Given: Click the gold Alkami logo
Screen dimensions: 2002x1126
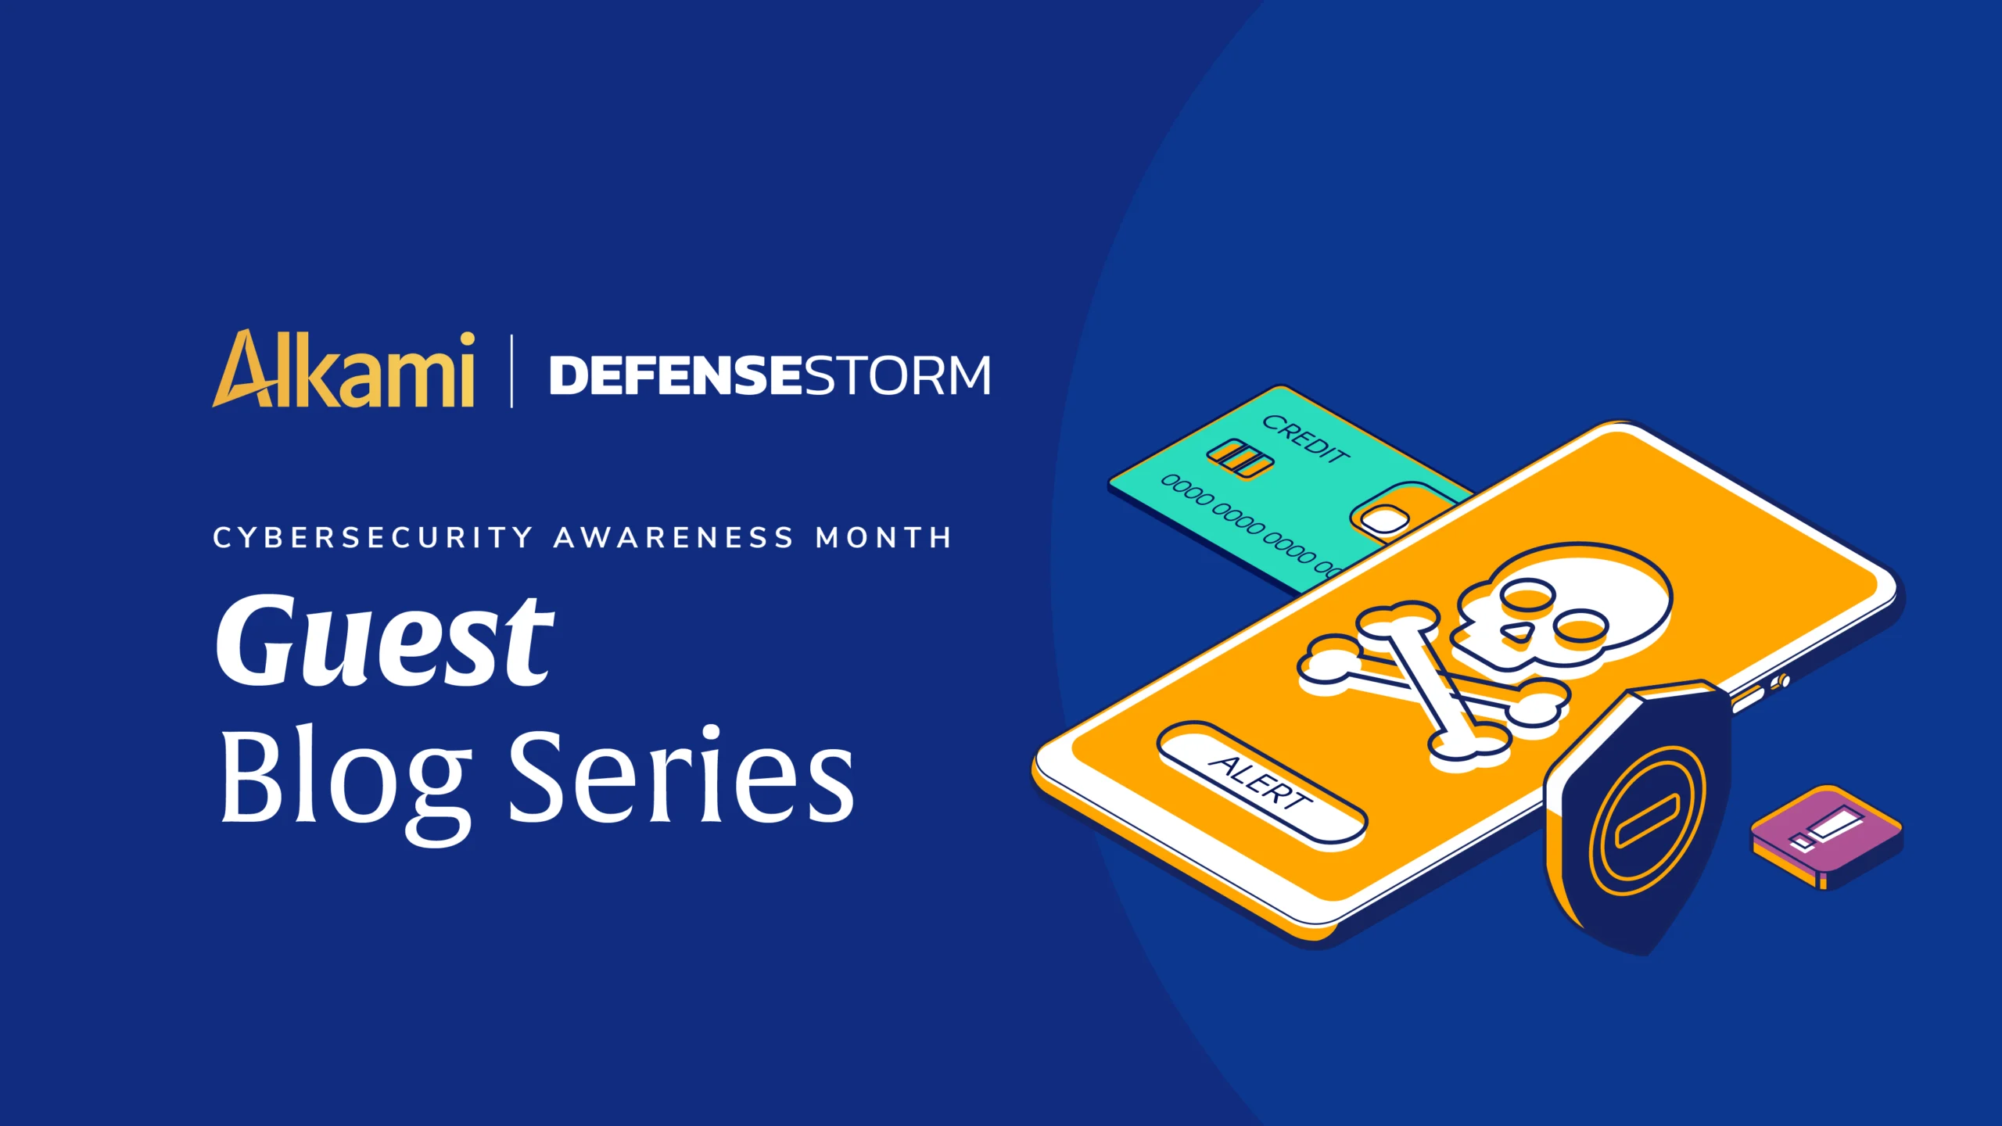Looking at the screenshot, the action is click(x=343, y=369).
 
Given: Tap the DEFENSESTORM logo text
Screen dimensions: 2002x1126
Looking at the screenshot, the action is click(x=770, y=375).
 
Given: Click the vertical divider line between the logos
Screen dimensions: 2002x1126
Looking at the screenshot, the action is click(x=511, y=371).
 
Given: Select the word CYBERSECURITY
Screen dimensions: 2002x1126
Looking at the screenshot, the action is click(x=373, y=538).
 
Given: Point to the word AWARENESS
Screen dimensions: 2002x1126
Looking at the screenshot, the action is click(x=674, y=538).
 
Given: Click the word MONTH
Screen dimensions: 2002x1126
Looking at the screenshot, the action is click(x=884, y=538).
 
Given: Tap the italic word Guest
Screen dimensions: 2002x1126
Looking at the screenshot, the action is click(x=385, y=641).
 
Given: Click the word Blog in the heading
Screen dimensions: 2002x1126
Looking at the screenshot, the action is click(x=346, y=782).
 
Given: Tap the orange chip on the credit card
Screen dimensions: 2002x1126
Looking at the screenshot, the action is click(x=1240, y=458).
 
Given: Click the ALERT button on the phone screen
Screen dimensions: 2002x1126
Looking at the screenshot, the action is click(x=1261, y=782).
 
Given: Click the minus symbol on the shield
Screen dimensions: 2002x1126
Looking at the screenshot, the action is click(x=1647, y=819).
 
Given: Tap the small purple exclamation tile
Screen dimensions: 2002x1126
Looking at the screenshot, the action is click(x=1827, y=837).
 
